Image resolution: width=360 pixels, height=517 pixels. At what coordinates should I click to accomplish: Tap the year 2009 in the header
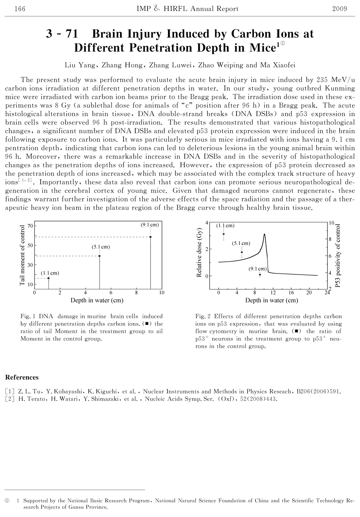(340, 9)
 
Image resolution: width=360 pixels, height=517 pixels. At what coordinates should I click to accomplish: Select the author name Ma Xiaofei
(278, 65)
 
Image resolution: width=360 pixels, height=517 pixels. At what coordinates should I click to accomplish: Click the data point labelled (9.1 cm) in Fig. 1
(150, 237)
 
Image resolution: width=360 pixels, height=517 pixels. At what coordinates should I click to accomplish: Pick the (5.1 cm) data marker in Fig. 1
(100, 256)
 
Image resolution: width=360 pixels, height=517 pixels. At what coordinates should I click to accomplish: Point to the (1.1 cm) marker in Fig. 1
(49, 278)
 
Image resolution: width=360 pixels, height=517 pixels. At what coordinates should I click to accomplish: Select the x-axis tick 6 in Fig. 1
(111, 292)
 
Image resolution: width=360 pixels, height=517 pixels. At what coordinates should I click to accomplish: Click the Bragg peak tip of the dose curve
(264, 234)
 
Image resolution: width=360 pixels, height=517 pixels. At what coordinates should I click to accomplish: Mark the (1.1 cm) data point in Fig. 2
(224, 234)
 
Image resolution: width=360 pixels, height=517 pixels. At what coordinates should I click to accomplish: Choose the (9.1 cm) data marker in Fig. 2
(260, 275)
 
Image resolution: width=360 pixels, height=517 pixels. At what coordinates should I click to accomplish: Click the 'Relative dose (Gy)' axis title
(199, 255)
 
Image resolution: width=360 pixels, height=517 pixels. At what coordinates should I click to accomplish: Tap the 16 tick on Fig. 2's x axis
(291, 292)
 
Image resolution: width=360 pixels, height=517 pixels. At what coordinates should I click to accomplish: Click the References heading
(22, 377)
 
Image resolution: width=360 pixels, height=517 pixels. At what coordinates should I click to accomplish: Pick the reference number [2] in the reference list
(9, 399)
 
